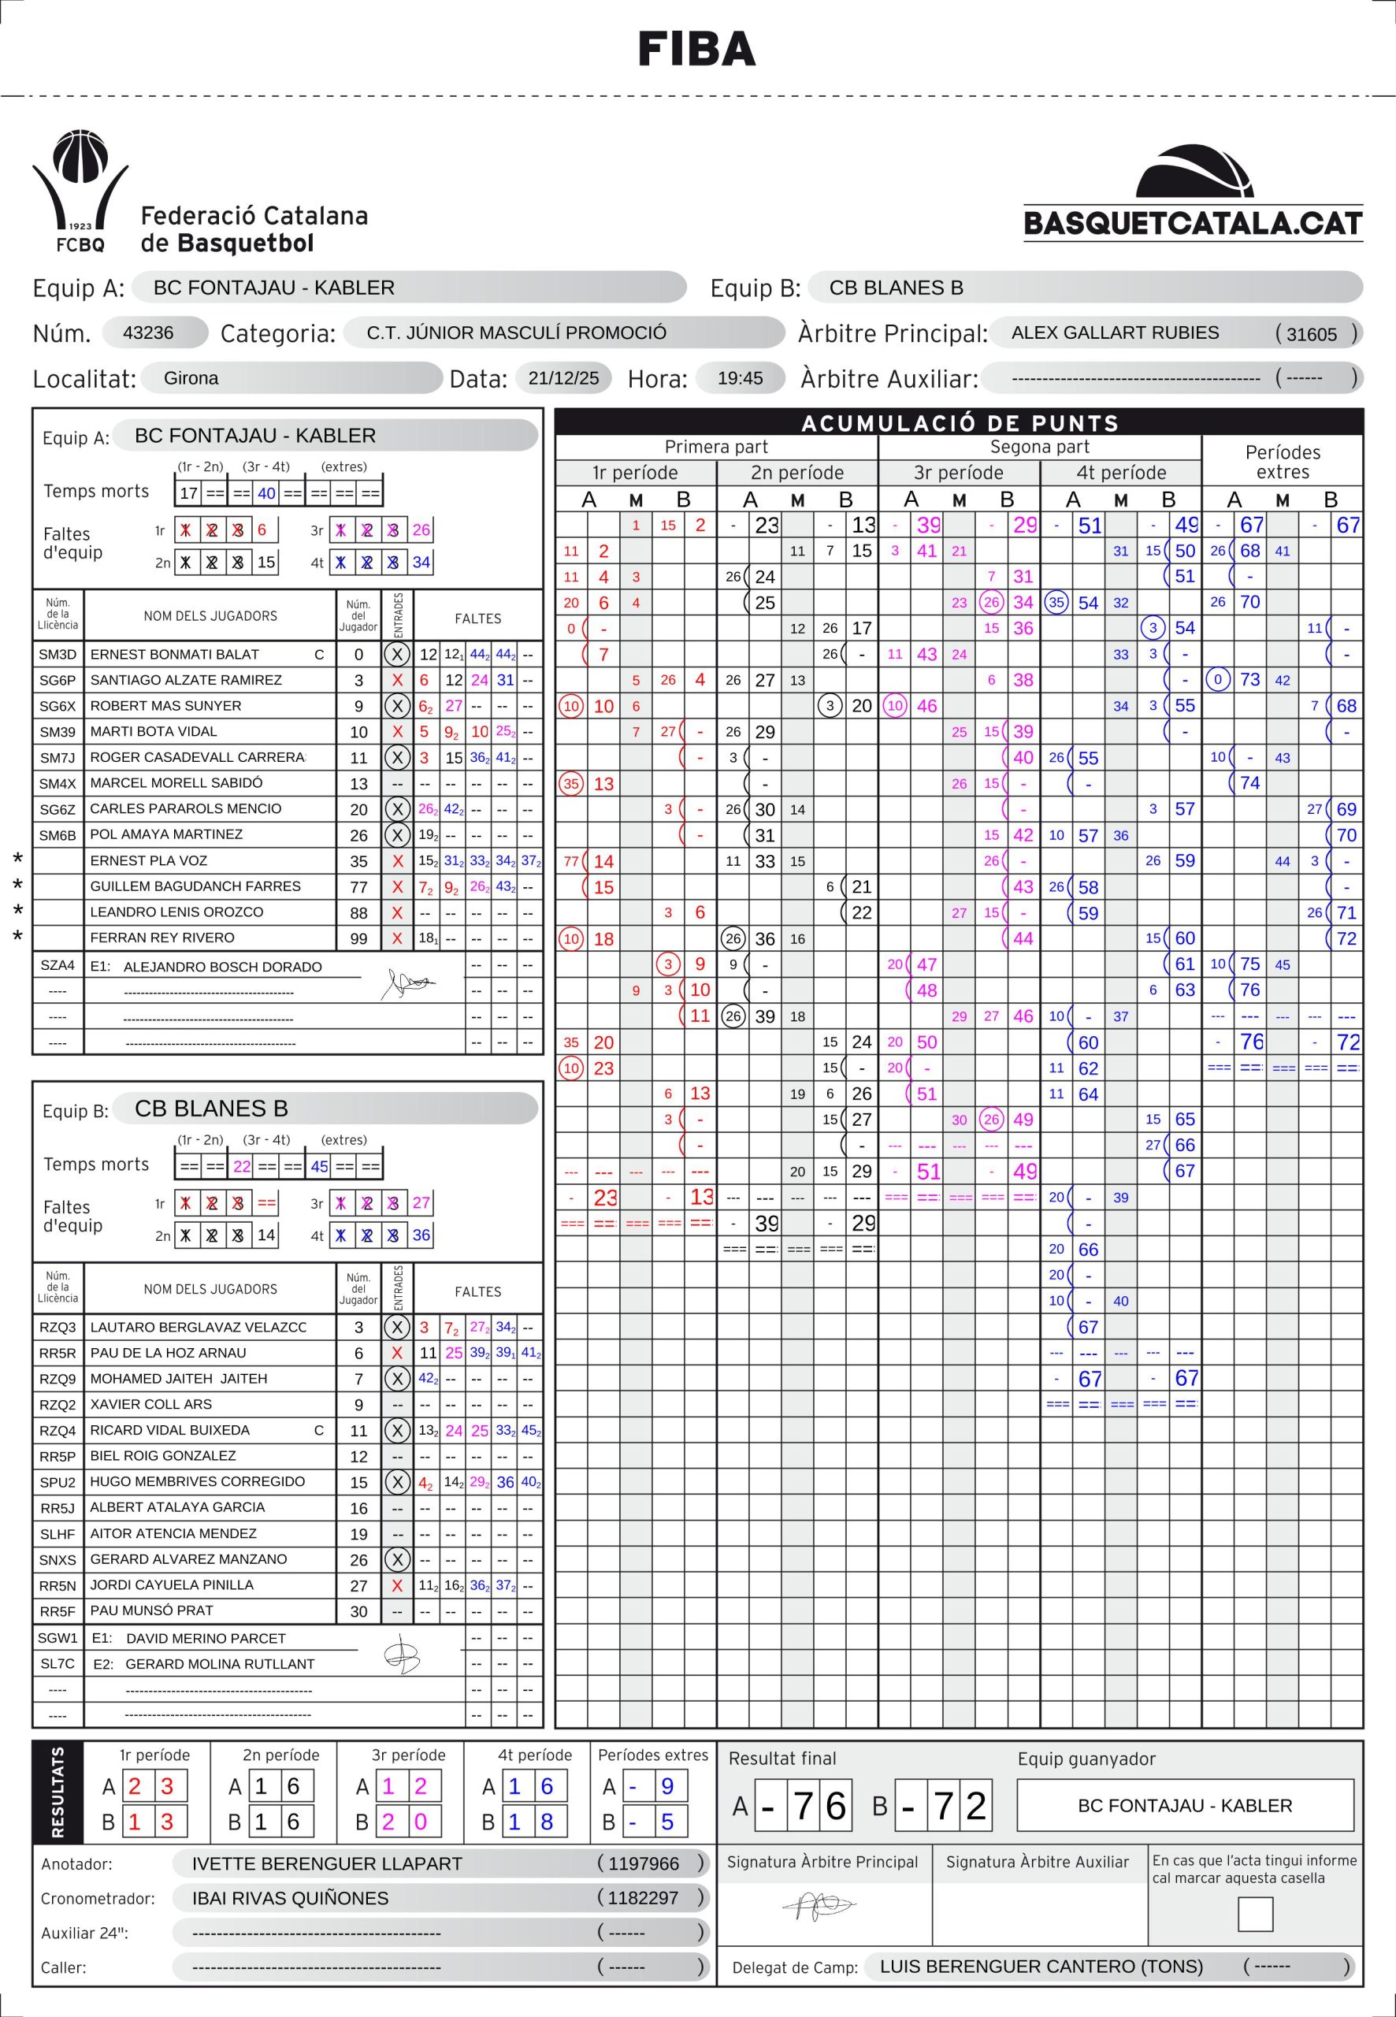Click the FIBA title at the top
pyautogui.click(x=697, y=49)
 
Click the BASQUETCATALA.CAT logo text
pyautogui.click(x=1192, y=223)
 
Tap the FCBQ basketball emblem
pyautogui.click(x=80, y=191)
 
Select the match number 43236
pyautogui.click(x=148, y=333)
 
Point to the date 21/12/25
pyautogui.click(x=563, y=378)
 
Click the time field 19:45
pyautogui.click(x=739, y=378)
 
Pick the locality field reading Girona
pyautogui.click(x=191, y=378)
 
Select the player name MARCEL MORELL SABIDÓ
pyautogui.click(x=176, y=783)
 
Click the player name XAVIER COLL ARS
pyautogui.click(x=150, y=1404)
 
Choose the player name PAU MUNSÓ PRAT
pyautogui.click(x=151, y=1610)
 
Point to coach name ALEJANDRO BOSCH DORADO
pyautogui.click(x=222, y=967)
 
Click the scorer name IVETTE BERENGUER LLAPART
pyautogui.click(x=326, y=1863)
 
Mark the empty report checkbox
pyautogui.click(x=1254, y=1914)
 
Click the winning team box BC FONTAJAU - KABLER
pyautogui.click(x=1184, y=1805)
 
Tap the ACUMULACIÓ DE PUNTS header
pyautogui.click(x=960, y=423)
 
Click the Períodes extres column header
pyautogui.click(x=1282, y=462)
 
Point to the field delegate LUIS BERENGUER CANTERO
pyautogui.click(x=1041, y=1967)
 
